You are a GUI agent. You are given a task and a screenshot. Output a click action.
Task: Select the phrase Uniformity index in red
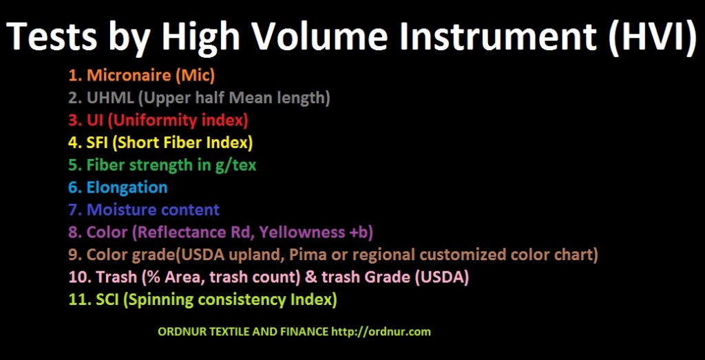(x=181, y=120)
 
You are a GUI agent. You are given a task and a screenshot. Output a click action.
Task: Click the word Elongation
(x=127, y=187)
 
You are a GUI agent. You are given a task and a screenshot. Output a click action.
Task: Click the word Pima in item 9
(x=315, y=255)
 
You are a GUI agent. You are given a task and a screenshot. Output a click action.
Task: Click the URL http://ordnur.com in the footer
(x=381, y=332)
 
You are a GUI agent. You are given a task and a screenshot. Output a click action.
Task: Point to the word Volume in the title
(x=288, y=36)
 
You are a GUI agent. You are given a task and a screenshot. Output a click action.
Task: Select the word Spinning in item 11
(x=165, y=300)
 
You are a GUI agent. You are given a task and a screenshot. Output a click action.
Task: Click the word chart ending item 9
(x=575, y=255)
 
